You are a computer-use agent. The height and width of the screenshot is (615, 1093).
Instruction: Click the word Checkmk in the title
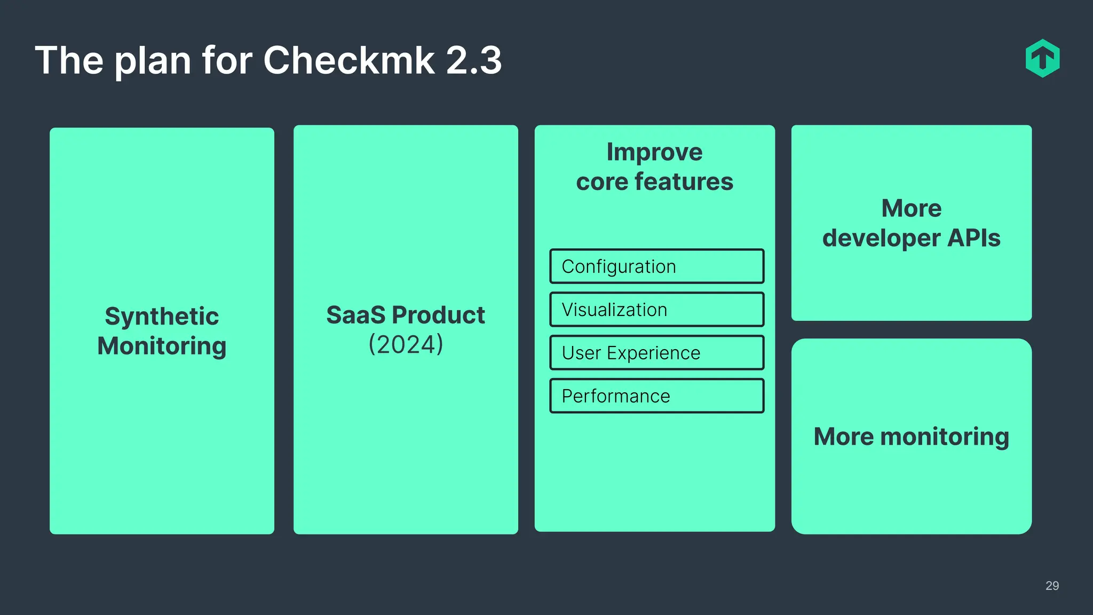click(x=349, y=60)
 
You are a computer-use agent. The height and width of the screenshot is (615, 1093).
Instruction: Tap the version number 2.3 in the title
click(x=473, y=60)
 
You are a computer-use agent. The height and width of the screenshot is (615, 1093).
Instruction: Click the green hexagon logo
click(x=1042, y=58)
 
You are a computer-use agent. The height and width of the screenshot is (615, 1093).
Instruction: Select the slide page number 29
click(x=1052, y=586)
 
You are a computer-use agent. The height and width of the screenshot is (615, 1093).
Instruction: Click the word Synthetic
click(x=162, y=316)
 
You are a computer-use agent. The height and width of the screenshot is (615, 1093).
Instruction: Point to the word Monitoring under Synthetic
click(x=162, y=346)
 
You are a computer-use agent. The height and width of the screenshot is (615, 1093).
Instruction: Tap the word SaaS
click(x=355, y=315)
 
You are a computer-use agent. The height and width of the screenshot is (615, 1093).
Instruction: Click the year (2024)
click(x=406, y=344)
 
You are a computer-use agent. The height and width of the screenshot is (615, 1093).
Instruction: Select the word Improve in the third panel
click(x=654, y=152)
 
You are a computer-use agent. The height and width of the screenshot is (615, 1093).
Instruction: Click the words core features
click(x=654, y=182)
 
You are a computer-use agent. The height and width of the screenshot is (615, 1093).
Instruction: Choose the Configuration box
click(x=656, y=266)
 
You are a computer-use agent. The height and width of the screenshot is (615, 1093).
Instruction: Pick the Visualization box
click(x=656, y=310)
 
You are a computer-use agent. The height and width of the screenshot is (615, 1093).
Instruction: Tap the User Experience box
click(x=656, y=353)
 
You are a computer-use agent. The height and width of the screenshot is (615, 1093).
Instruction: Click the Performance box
click(x=656, y=396)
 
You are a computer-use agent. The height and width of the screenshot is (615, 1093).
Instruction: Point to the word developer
click(x=881, y=238)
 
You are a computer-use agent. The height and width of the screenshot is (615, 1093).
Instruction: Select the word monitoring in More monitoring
click(x=944, y=437)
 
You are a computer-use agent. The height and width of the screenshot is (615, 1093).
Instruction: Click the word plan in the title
click(x=153, y=61)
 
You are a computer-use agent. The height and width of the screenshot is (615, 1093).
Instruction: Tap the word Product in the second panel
click(x=438, y=315)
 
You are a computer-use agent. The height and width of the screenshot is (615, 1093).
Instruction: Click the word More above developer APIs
click(x=911, y=208)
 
